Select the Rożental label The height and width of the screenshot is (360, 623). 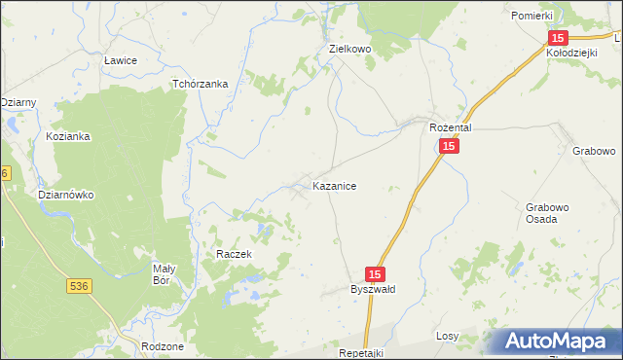(x=451, y=127)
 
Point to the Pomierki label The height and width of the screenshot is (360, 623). (x=531, y=17)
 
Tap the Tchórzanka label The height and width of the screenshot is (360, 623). (x=200, y=84)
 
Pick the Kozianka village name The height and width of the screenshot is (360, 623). (x=68, y=136)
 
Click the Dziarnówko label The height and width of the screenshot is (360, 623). (x=65, y=195)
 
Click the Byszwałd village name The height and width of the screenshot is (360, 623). (x=373, y=290)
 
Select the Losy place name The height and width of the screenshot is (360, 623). (x=447, y=336)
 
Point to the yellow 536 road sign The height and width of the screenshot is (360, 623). (x=81, y=286)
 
